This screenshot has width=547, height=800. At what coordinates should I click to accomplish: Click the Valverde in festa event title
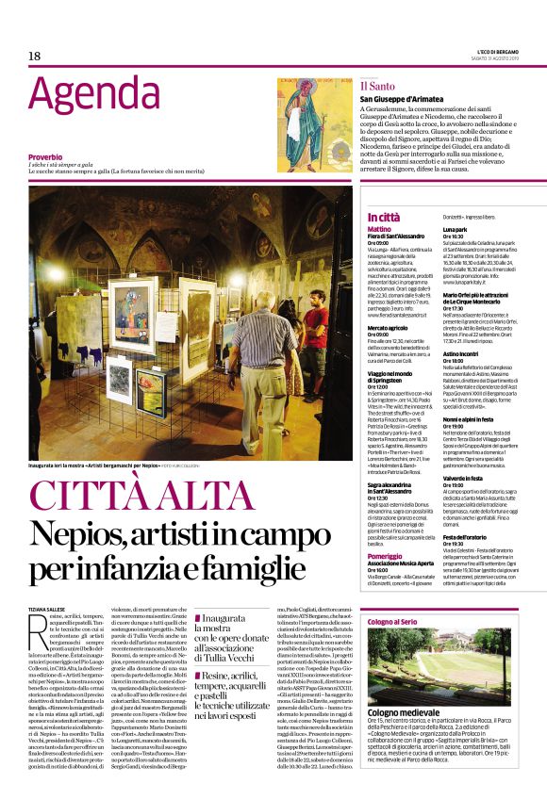coord(467,451)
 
